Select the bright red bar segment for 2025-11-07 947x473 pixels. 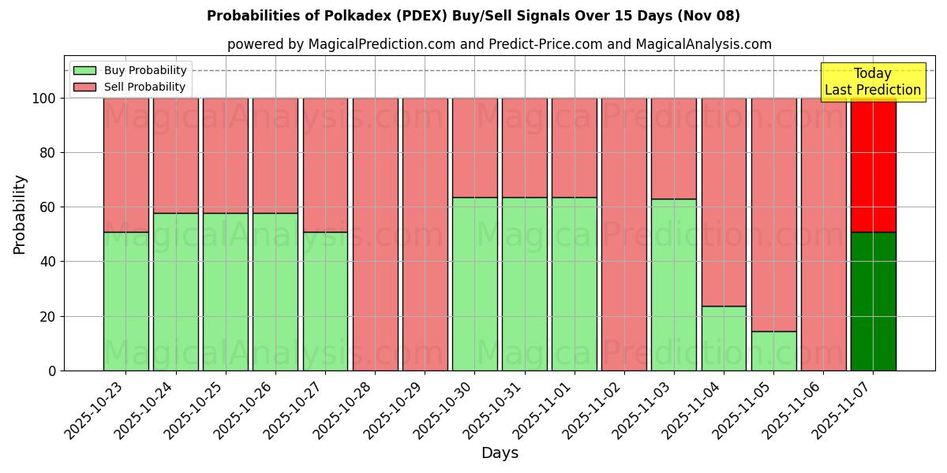point(873,165)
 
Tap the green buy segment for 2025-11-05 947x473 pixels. point(773,351)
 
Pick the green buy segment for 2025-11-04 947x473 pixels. point(724,338)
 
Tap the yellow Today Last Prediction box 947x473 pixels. point(872,82)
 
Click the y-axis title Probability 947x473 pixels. point(20,214)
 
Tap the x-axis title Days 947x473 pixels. point(500,453)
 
